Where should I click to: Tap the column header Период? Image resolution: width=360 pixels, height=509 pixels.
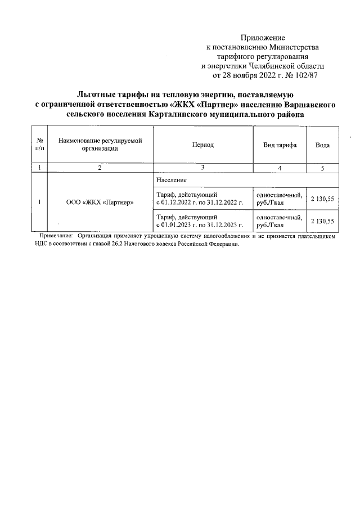tap(202, 145)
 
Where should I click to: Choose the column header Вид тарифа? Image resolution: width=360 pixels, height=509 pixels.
tap(280, 145)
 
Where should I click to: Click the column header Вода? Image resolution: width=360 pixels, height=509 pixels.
tap(322, 145)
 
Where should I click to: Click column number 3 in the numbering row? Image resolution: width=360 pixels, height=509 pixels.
tap(202, 168)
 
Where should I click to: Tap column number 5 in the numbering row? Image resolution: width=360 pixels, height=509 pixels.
tap(322, 168)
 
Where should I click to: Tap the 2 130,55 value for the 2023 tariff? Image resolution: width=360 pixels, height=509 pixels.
tap(322, 220)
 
